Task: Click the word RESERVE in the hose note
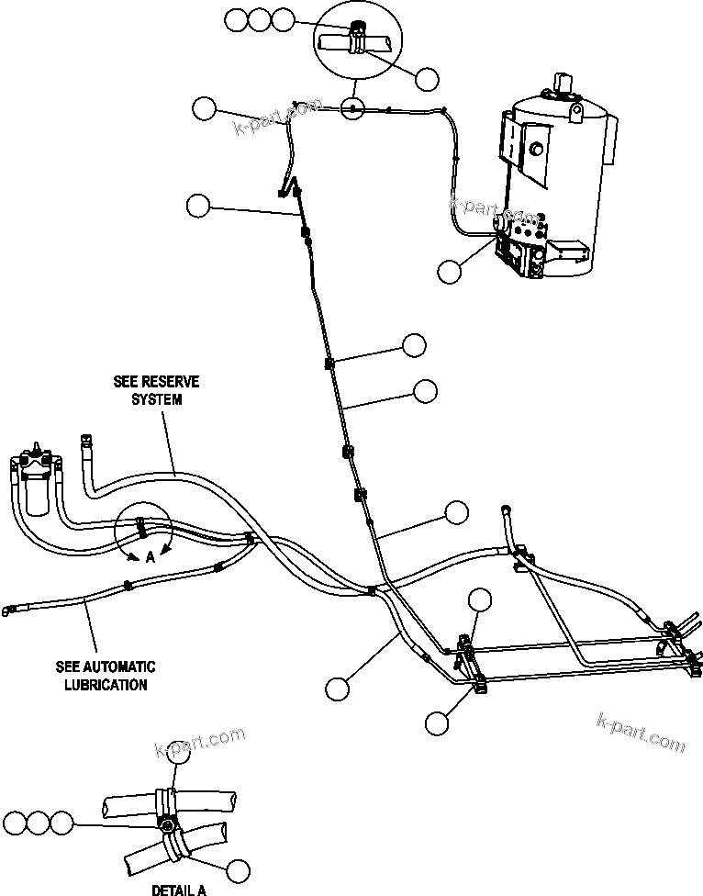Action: (173, 381)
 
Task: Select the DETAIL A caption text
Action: (178, 889)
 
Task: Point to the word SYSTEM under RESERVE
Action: (155, 399)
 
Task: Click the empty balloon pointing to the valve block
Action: (450, 271)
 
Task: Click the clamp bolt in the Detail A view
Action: (169, 825)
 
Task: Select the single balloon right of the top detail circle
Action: (427, 79)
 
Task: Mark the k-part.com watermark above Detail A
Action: (199, 741)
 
